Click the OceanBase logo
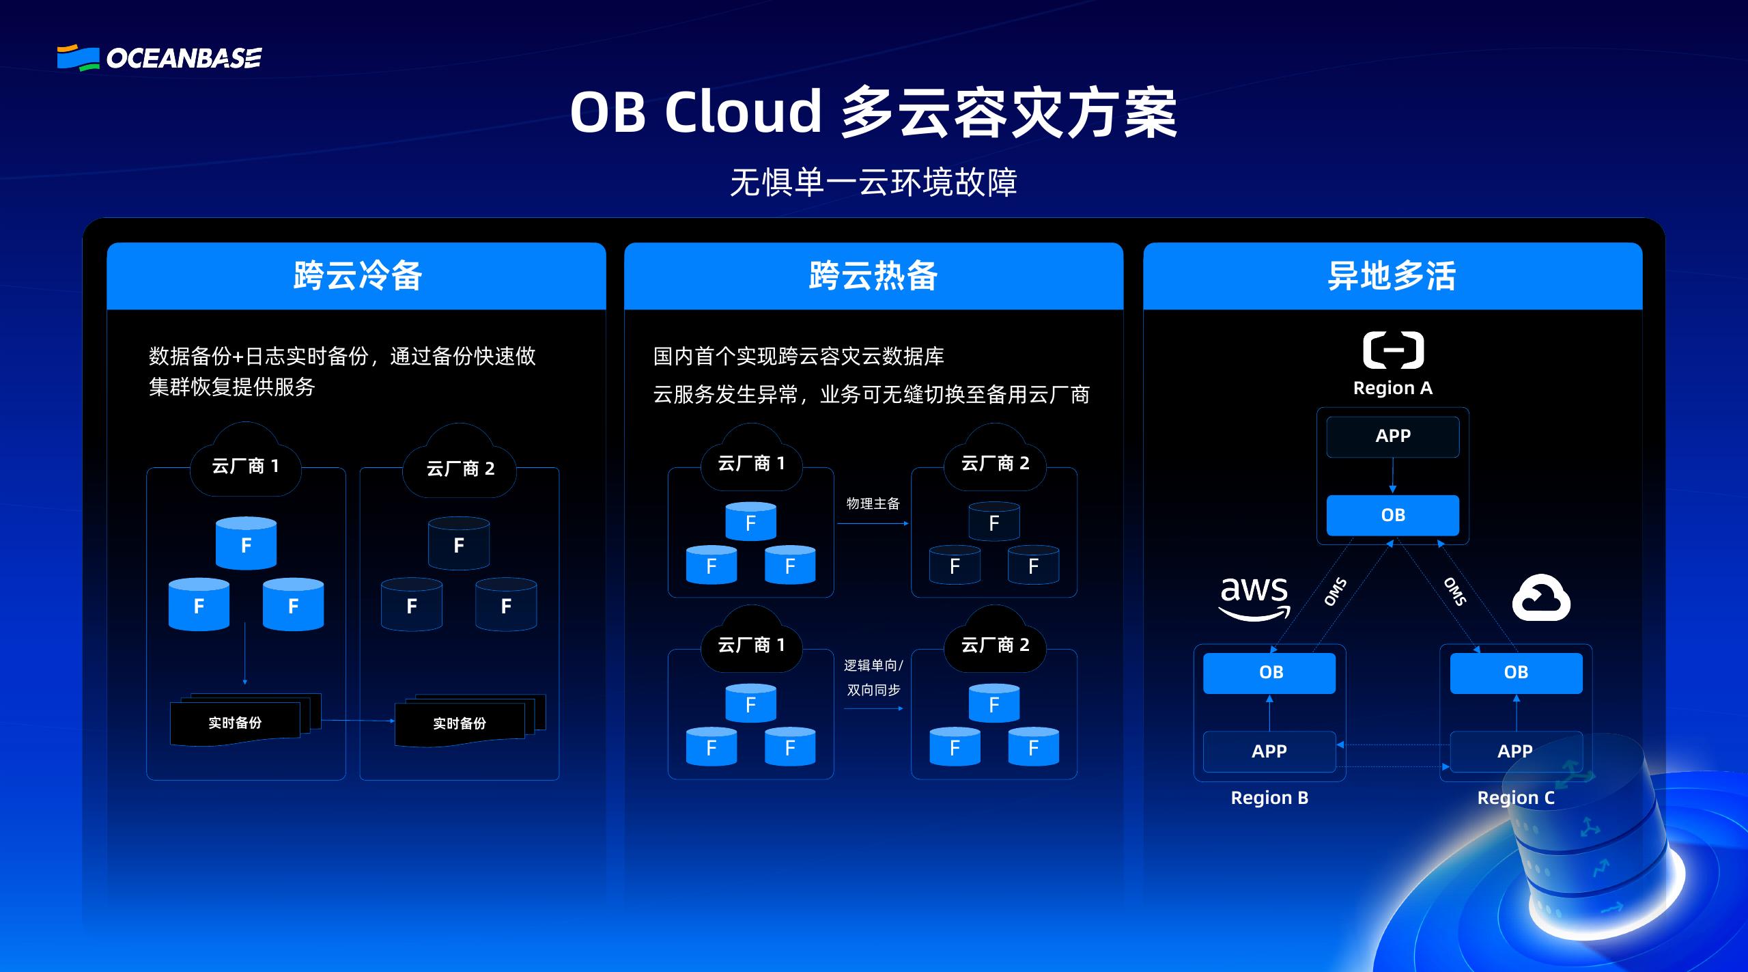[159, 58]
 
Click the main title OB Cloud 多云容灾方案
[873, 113]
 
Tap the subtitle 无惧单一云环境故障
[873, 182]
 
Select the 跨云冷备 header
[356, 276]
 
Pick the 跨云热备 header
[873, 276]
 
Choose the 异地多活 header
[1392, 276]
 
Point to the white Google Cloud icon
[1541, 598]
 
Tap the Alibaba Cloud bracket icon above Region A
[1393, 350]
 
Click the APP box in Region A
[1393, 436]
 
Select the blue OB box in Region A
[1393, 515]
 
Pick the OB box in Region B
[1269, 673]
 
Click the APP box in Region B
[1269, 751]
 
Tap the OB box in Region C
[1516, 673]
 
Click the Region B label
[1269, 798]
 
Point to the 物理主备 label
[873, 503]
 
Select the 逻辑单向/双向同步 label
[873, 678]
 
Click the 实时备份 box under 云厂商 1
[236, 723]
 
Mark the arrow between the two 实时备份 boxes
[358, 721]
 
